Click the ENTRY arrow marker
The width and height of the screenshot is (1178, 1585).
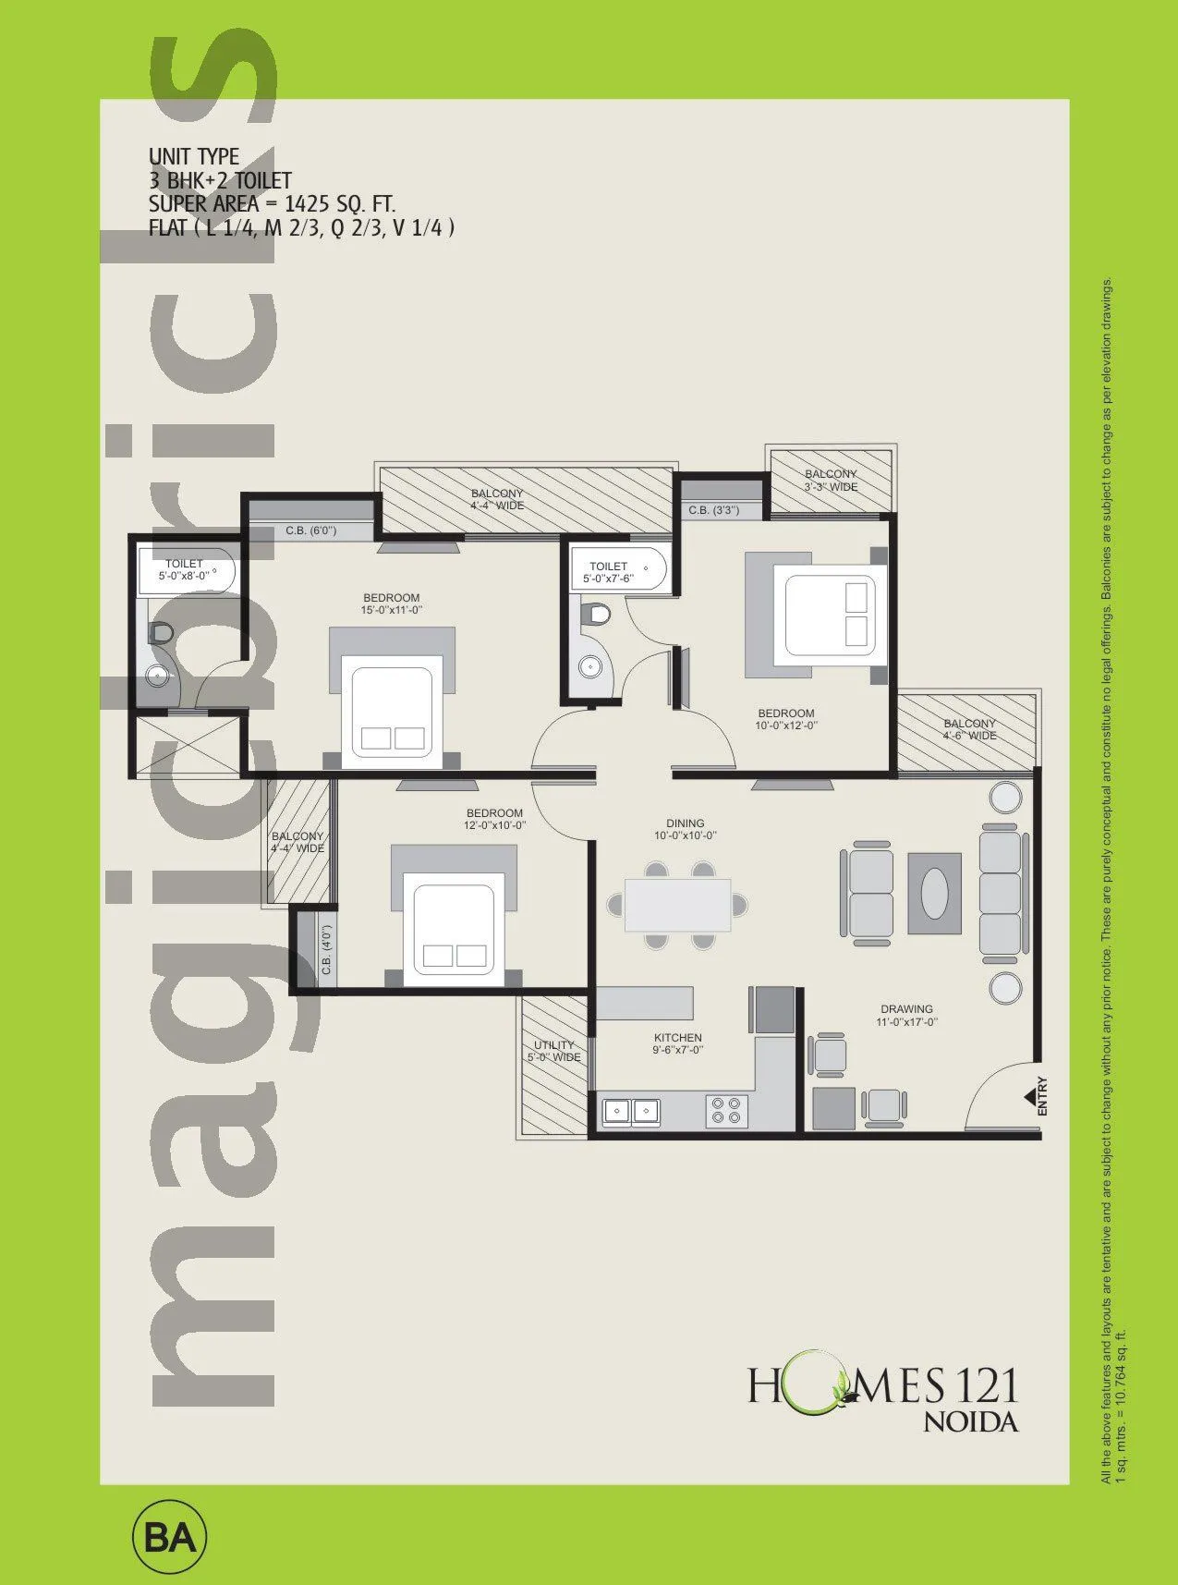pos(1028,1097)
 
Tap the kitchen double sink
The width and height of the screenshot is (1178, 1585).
pos(631,1110)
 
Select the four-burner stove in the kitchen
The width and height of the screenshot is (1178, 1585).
pos(725,1110)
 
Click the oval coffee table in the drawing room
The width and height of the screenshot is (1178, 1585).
pos(935,893)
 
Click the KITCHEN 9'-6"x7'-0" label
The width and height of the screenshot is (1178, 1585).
pos(678,1043)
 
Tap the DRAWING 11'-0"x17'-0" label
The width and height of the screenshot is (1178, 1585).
pos(906,1015)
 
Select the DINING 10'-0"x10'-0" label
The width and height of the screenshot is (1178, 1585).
pos(685,829)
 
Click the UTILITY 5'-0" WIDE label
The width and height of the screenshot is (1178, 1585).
pos(553,1051)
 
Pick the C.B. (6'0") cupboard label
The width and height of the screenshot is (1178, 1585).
pos(310,530)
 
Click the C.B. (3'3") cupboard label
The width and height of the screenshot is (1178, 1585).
pos(712,510)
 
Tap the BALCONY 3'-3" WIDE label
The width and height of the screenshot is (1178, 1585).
pos(831,480)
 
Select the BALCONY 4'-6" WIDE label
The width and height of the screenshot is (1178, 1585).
pos(969,729)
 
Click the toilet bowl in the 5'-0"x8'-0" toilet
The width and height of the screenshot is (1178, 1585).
pos(162,632)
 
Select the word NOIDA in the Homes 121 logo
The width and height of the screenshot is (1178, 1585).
pos(971,1422)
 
